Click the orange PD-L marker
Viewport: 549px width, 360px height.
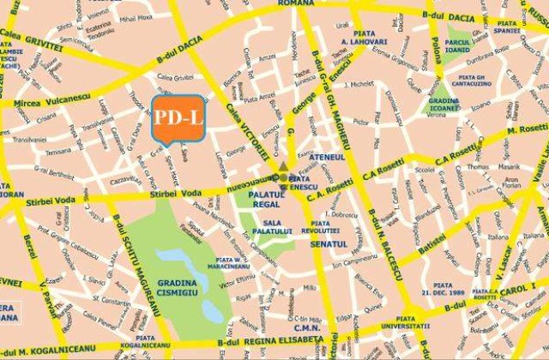pyautogui.click(x=178, y=117)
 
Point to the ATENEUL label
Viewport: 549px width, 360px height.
pyautogui.click(x=326, y=158)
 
